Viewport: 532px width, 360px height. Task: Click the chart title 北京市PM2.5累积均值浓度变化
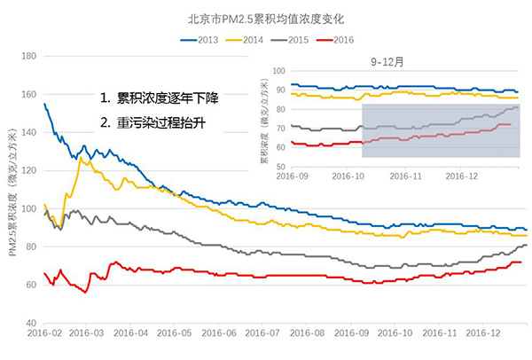coord(266,17)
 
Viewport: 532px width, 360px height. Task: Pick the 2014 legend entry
coord(247,40)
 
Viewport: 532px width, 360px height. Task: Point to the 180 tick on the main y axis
coord(27,56)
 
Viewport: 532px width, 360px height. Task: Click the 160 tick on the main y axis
coord(27,94)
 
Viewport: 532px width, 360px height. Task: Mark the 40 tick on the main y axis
coord(28,323)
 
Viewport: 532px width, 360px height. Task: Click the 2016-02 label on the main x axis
coord(44,335)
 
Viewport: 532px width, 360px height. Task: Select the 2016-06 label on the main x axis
coord(218,335)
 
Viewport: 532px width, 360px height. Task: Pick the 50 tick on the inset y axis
coord(281,167)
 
